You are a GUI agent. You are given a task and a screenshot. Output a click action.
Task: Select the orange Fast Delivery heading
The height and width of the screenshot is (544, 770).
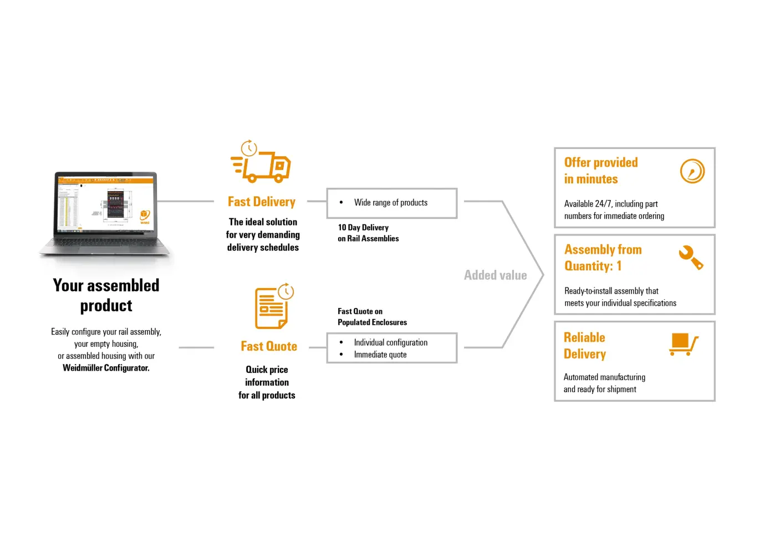[262, 202]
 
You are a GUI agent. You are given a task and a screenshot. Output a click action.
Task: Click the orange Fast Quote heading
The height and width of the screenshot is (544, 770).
[269, 346]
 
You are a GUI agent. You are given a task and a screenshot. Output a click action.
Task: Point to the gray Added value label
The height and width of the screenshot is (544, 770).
[496, 275]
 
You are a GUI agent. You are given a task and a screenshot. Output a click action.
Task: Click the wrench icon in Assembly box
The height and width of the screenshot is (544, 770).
[691, 258]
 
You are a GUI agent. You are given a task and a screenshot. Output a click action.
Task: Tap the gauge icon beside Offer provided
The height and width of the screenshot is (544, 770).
[692, 171]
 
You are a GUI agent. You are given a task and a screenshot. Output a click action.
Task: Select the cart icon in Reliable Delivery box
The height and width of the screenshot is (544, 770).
[684, 344]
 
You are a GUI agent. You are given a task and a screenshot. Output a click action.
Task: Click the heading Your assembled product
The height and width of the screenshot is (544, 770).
[106, 295]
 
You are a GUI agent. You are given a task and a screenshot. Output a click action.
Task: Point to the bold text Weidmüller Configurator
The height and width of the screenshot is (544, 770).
[106, 368]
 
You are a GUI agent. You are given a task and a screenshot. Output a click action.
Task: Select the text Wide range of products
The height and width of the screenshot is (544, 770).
[391, 203]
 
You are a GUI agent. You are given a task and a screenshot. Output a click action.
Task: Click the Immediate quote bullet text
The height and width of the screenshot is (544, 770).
[380, 355]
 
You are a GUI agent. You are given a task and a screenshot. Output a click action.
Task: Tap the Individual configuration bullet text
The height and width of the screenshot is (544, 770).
[391, 342]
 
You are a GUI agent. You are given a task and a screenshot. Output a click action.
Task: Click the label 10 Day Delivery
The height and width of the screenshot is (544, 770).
[363, 228]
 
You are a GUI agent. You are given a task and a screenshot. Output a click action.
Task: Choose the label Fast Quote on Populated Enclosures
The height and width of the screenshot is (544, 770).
[372, 317]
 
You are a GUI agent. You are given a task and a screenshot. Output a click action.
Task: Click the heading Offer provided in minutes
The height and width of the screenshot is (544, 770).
[601, 171]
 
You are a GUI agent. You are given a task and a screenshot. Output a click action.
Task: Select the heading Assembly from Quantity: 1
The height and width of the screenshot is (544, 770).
[603, 258]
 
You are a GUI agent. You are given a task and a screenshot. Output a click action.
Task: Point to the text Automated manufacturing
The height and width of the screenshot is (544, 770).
[604, 377]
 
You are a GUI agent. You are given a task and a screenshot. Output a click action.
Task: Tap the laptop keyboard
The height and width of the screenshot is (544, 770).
[105, 244]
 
